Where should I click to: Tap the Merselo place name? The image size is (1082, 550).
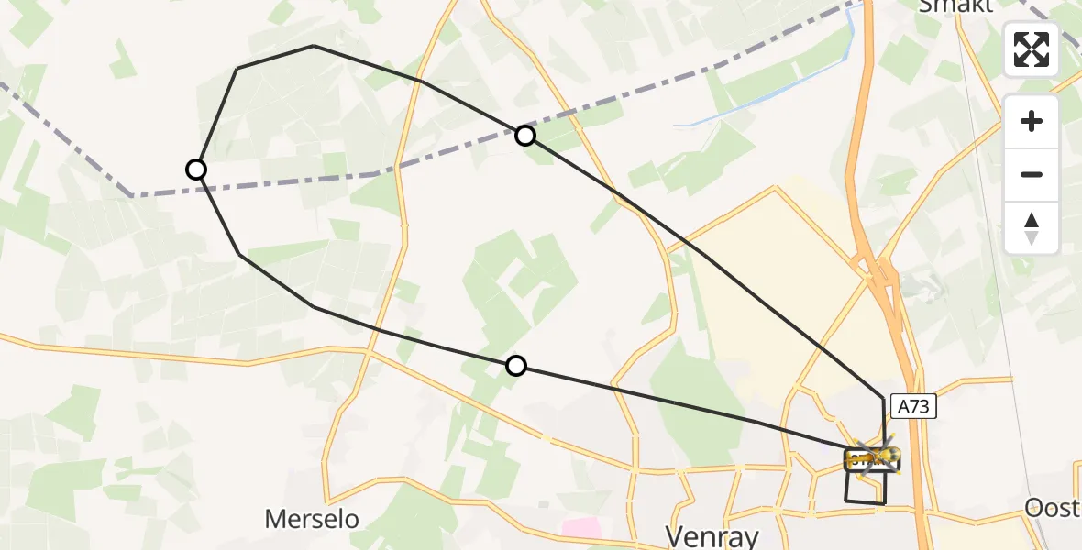[312, 519]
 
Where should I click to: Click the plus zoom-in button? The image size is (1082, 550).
[1032, 122]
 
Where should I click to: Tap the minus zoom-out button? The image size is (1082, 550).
[1032, 174]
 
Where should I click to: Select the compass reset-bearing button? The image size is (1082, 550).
[1032, 227]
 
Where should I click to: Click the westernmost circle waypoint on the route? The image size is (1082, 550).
[196, 170]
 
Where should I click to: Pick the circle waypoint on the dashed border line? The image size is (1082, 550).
[524, 136]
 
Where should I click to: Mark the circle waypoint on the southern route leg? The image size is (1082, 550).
[516, 366]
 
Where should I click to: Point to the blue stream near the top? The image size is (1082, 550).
[761, 101]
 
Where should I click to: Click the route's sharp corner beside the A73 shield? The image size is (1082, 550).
[884, 399]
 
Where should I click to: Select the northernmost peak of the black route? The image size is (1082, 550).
[314, 46]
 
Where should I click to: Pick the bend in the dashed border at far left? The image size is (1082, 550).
[133, 195]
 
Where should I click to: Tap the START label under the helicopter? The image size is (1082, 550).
[862, 458]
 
